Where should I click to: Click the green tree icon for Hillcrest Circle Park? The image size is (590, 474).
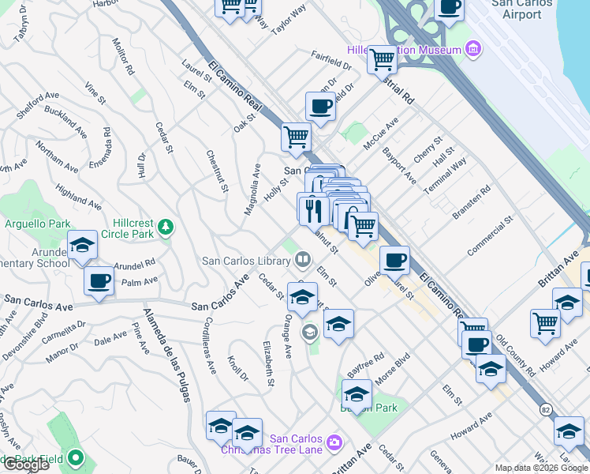tap(165, 228)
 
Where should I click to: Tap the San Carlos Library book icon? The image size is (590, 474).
tap(302, 260)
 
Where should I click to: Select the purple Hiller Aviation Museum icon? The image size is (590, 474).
tap(473, 51)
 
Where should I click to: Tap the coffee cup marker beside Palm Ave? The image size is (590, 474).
tap(99, 281)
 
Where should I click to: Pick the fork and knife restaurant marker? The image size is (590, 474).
tap(314, 209)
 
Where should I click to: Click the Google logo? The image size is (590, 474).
tap(25, 465)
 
